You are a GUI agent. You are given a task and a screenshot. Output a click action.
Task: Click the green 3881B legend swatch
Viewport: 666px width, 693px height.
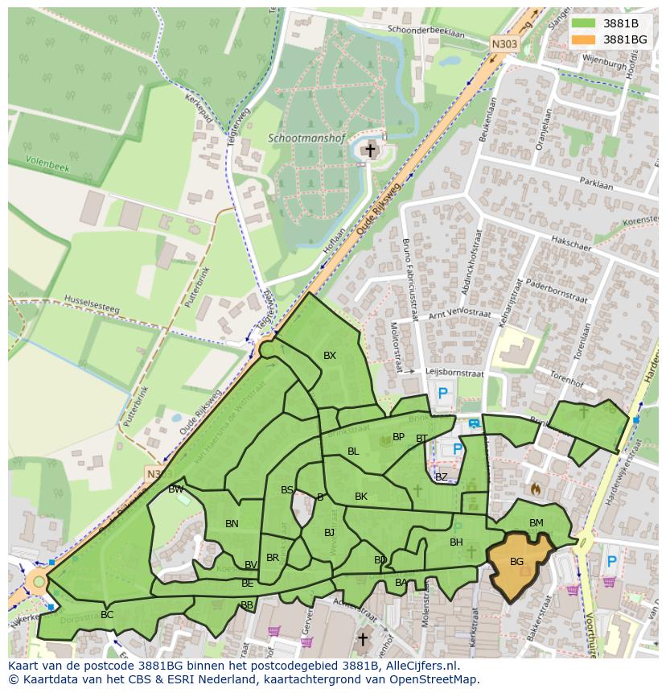(x=584, y=23)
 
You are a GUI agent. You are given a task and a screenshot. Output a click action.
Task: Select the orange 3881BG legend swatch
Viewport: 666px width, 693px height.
(x=584, y=39)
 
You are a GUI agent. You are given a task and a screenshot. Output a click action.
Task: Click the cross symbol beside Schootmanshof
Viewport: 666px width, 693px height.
(x=370, y=150)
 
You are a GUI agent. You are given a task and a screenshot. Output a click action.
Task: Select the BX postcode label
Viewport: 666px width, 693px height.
(x=330, y=355)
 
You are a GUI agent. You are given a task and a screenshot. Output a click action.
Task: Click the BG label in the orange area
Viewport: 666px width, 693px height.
(x=516, y=561)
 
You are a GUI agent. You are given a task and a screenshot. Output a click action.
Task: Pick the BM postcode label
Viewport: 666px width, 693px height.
(x=536, y=523)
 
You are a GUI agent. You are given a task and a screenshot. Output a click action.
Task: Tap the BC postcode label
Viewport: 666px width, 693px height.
(x=107, y=615)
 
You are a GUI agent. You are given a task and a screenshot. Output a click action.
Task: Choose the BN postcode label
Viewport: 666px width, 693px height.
(x=232, y=524)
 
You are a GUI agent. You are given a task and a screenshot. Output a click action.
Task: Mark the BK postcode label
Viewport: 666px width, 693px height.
(x=361, y=497)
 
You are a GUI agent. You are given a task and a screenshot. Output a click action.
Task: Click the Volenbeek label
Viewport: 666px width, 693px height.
(x=48, y=164)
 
